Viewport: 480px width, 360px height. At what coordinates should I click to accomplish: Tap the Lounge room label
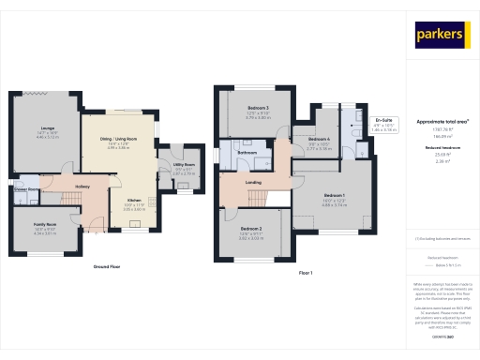click(46, 131)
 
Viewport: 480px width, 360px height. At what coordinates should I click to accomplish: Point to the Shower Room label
click(25, 188)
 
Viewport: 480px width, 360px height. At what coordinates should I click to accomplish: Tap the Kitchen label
click(134, 200)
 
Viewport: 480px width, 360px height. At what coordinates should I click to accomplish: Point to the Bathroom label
click(247, 151)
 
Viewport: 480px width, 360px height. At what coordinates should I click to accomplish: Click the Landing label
click(252, 183)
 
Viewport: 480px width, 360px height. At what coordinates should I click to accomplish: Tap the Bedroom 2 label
click(250, 229)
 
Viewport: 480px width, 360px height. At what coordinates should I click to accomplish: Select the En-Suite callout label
click(382, 120)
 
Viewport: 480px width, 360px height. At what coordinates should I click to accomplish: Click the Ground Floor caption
click(106, 266)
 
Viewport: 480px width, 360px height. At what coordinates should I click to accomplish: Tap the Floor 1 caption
click(305, 272)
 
